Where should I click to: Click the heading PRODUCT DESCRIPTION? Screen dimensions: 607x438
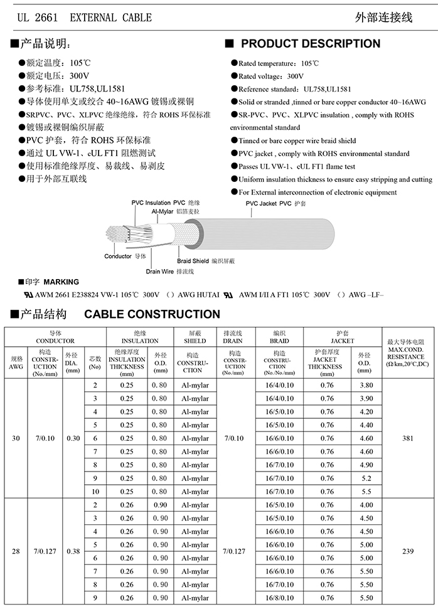coord(310,44)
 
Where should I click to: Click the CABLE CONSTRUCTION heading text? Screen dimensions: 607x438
coord(152,314)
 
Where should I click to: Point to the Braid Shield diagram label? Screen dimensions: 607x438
coord(193,260)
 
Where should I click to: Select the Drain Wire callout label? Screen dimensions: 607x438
coord(159,272)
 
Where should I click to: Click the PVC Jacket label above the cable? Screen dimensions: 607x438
coord(260,204)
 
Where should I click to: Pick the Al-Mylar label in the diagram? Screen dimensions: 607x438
coord(162,212)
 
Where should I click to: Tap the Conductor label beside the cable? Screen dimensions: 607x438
coord(118,256)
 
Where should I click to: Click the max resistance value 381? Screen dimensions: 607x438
coord(408,439)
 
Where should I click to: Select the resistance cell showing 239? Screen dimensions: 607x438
coord(408,552)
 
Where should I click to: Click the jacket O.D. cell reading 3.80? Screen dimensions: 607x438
coord(365,386)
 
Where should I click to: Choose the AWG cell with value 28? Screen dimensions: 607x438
coord(16,552)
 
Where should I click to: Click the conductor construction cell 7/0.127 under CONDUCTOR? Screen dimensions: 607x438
coord(45,552)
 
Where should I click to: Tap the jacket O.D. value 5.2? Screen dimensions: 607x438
coord(365,478)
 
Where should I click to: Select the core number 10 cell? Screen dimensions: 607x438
coord(95,492)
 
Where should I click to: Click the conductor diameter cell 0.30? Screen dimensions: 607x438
coord(73,439)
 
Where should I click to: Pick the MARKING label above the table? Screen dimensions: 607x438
coord(61,282)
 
